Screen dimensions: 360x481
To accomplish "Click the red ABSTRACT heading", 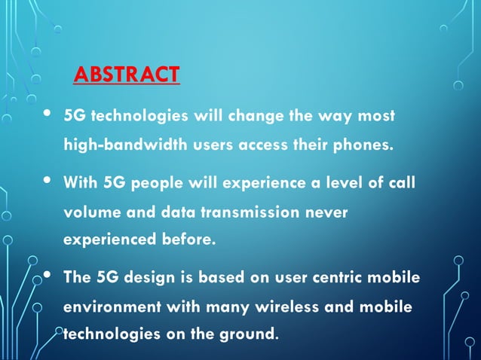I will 127,75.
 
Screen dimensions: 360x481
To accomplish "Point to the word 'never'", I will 326,212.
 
